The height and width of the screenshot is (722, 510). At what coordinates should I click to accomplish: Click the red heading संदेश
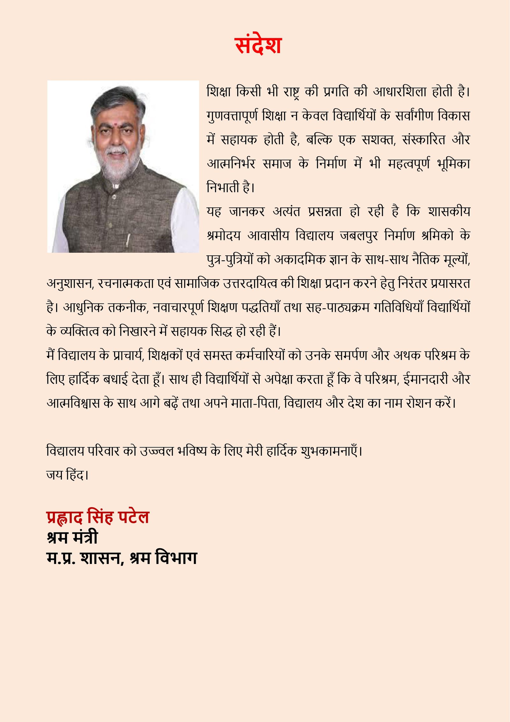tap(258, 45)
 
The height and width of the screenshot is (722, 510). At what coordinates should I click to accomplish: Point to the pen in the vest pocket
tap(128, 238)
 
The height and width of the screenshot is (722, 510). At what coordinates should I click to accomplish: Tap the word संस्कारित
tap(424, 139)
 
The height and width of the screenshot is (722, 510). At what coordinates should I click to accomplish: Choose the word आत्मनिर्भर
tap(231, 164)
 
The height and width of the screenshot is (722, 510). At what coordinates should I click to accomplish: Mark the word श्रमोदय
tap(223, 236)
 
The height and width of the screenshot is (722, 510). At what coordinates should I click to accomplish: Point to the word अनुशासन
tap(70, 283)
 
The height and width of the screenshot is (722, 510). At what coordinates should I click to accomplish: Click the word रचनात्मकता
tap(126, 283)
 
